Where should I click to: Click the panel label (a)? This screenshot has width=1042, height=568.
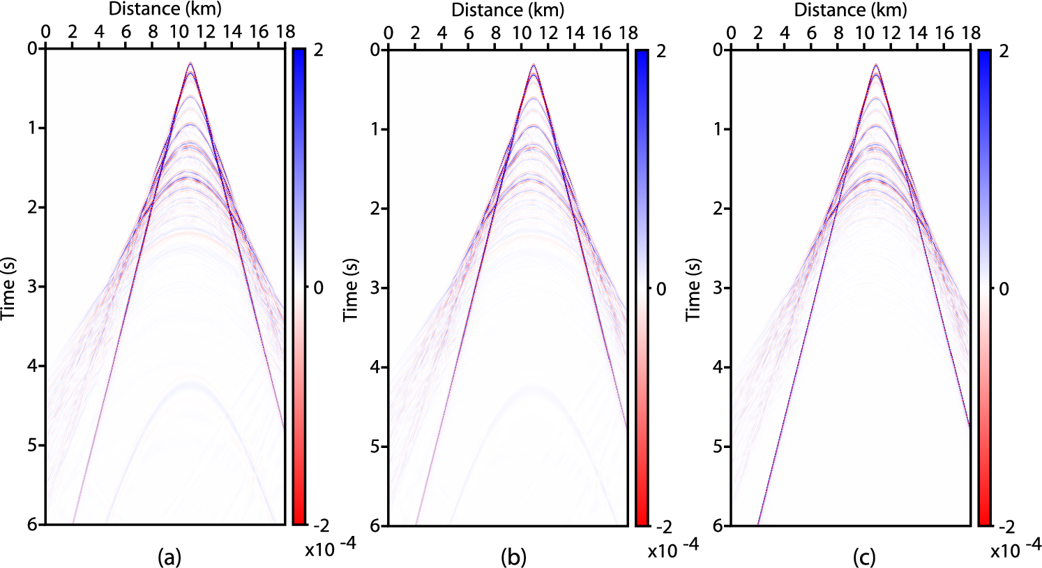click(169, 557)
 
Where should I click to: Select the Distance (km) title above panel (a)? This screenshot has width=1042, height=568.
click(165, 9)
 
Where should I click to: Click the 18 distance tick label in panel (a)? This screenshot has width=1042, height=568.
click(286, 32)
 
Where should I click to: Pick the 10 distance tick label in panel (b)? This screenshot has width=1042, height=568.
click(522, 33)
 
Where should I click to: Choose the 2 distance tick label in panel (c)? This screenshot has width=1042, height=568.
click(757, 33)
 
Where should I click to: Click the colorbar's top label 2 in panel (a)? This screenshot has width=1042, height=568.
click(318, 51)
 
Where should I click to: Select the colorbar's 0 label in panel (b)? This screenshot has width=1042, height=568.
click(661, 288)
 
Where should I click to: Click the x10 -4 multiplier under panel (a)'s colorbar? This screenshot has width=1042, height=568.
click(331, 548)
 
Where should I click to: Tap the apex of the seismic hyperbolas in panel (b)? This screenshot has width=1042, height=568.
click(534, 66)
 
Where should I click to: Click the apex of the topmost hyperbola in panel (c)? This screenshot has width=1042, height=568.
click(876, 65)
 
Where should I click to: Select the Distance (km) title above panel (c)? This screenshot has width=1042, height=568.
click(850, 10)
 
